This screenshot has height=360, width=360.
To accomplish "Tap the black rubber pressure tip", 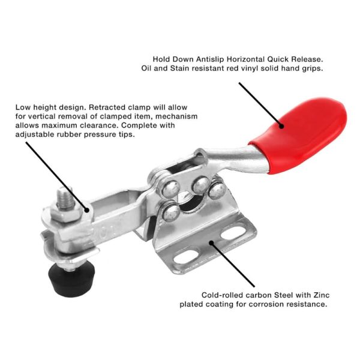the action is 71,281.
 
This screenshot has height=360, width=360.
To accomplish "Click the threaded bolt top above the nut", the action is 64,198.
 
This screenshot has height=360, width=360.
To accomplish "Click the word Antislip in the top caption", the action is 210,59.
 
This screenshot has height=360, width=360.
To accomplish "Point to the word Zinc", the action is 322,295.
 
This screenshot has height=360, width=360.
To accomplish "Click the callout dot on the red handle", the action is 281,126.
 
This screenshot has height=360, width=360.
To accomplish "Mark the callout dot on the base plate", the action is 211,242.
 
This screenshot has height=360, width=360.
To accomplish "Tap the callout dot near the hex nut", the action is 87,209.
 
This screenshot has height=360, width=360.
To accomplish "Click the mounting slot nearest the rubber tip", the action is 186,256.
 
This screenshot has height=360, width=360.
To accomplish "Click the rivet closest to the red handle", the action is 217,190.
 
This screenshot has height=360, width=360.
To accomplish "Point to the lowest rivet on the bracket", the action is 171,213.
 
